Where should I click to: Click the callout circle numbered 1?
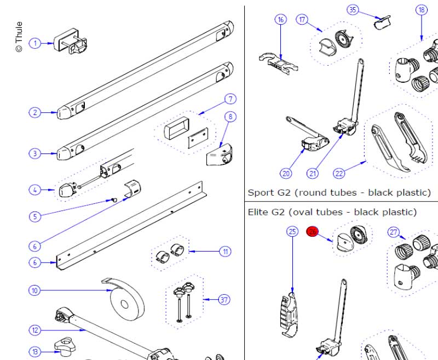pos(35,43)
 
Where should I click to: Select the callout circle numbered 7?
pos(230,99)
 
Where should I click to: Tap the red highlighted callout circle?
pos(313,232)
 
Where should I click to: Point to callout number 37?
pos(224,300)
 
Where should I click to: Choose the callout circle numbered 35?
pos(353,10)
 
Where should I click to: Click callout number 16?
pos(281,20)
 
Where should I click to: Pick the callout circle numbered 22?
pos(339,174)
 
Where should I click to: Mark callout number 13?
pos(35,351)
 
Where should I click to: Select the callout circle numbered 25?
pos(292,232)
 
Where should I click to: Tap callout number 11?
pos(226,252)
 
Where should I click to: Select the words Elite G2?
pos(266,212)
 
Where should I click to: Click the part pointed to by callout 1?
pos(71,41)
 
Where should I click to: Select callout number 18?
pos(421,10)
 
